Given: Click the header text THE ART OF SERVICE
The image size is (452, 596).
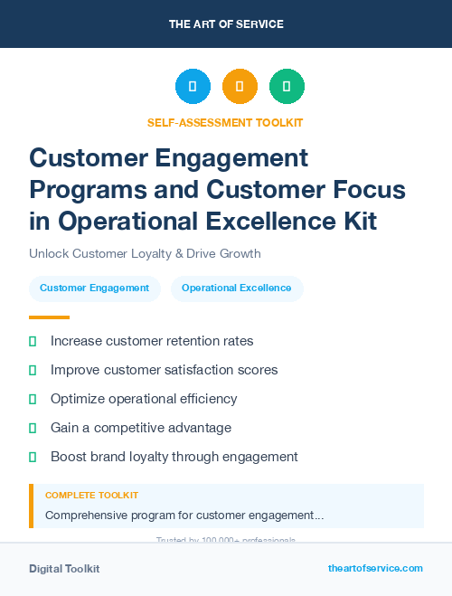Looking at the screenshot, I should coord(226,24).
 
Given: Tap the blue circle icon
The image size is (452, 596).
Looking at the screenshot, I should coord(193,87).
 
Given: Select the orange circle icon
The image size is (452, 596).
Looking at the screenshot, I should coord(240,87).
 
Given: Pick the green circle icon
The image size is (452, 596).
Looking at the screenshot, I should coord(287,87).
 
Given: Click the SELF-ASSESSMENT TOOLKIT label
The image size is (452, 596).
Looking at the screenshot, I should coord(225,122).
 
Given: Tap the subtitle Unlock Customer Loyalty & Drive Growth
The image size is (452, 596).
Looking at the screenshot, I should coord(145,254).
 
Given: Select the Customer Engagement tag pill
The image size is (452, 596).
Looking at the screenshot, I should coord(95,289).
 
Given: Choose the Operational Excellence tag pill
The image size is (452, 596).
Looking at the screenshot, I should coord(237,289).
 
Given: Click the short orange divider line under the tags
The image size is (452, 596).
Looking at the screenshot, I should coord(49,317).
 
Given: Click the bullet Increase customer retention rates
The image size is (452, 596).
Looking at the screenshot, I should coord(152,341).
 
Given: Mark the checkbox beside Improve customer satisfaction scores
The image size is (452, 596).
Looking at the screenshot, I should coord(33,370).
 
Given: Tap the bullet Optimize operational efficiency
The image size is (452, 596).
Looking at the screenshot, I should coord(144,399).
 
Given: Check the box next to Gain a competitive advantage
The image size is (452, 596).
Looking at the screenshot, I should coord(33,428).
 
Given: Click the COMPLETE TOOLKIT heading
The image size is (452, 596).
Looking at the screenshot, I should coord(91,496).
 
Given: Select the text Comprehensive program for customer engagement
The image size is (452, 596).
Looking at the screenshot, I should coord(184,516).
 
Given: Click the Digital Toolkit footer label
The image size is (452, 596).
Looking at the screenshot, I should coord(64,569).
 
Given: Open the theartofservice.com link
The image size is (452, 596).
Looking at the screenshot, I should coord(375,568).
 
